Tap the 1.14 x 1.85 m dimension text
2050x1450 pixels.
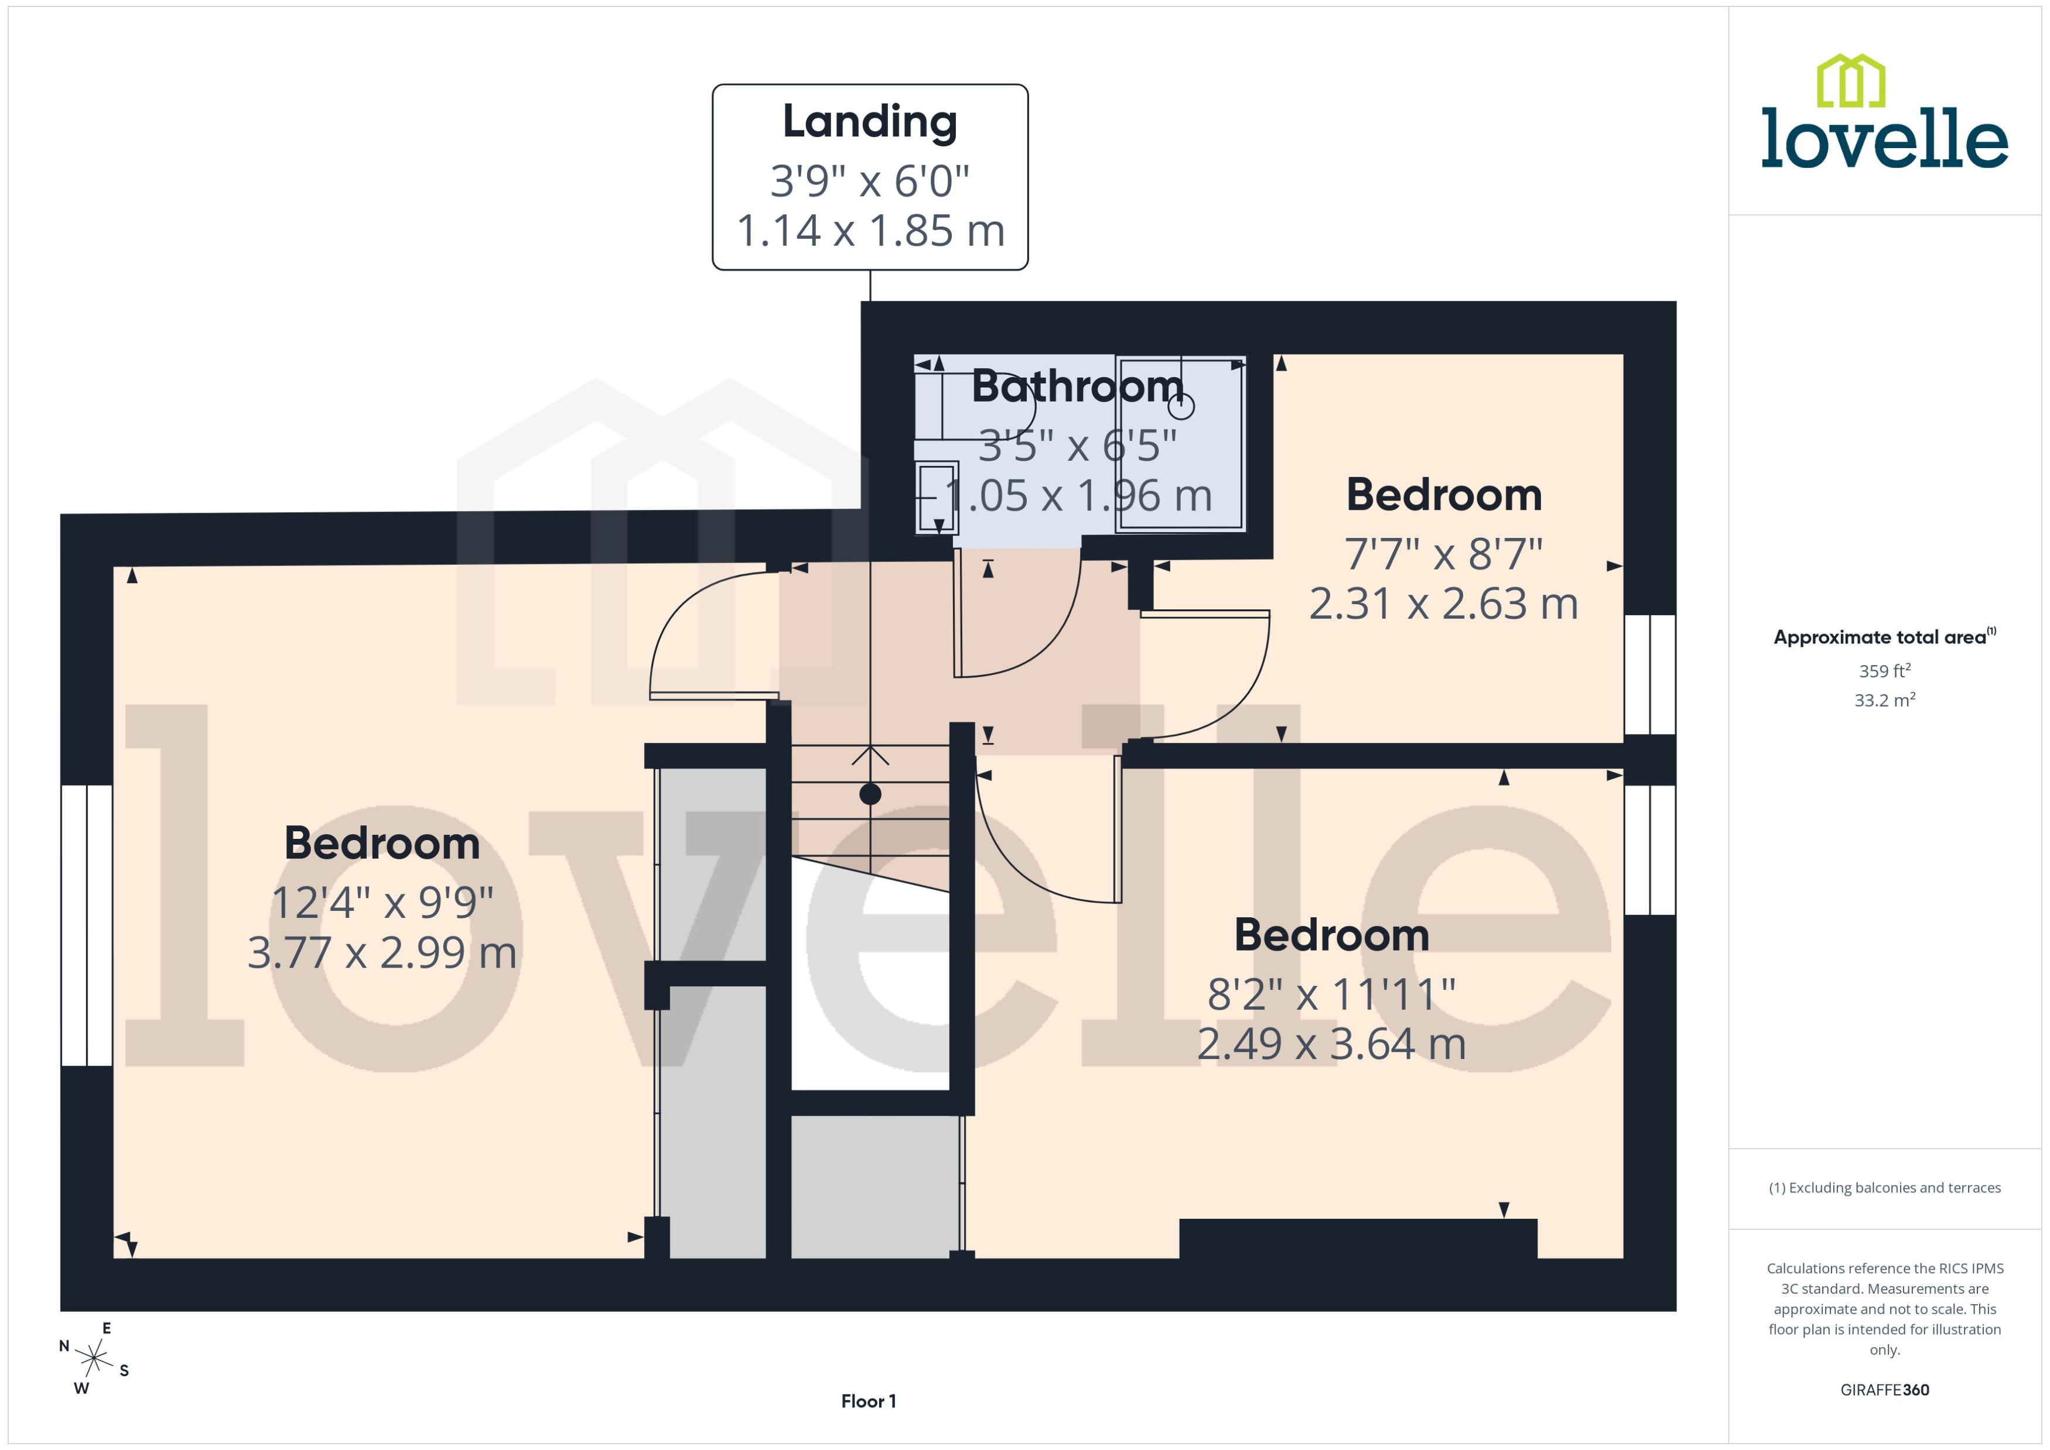click(x=870, y=231)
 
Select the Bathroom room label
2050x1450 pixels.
click(x=1077, y=386)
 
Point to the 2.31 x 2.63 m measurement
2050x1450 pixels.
click(x=1443, y=604)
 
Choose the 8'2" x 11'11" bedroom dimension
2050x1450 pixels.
click(x=1331, y=994)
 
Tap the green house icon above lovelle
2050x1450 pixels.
click(x=1851, y=80)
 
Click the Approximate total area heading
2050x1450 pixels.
click(x=1884, y=637)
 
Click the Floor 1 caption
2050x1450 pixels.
click(x=868, y=1401)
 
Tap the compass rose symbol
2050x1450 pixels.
click(x=94, y=1359)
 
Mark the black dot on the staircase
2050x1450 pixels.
click(x=870, y=794)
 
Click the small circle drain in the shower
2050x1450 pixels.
click(x=1181, y=407)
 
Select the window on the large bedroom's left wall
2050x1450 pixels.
click(x=87, y=925)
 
